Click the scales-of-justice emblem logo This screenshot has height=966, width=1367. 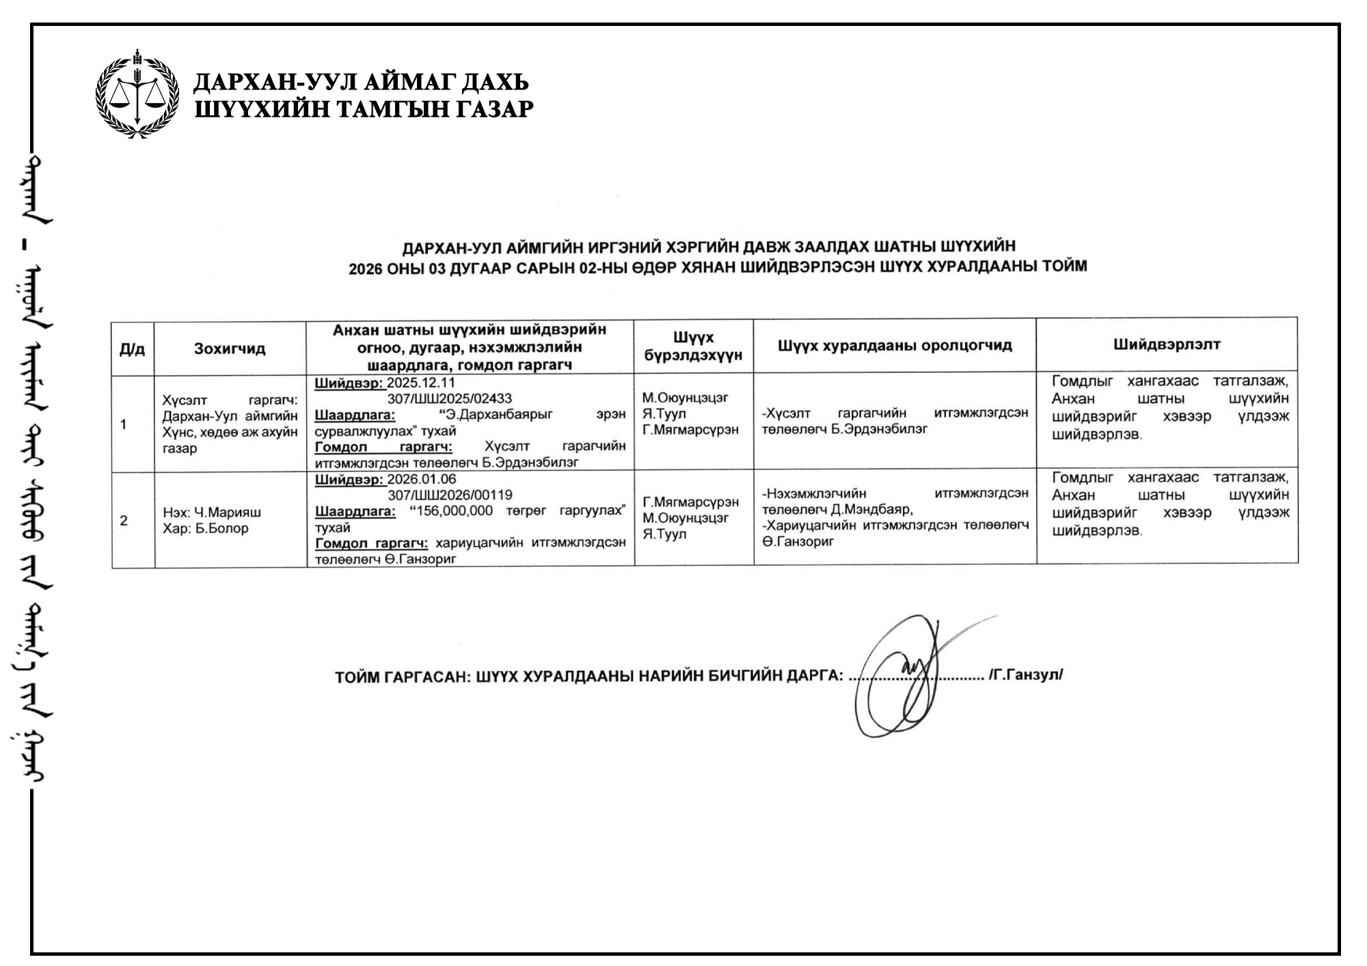(x=137, y=94)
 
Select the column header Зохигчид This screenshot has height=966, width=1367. (x=230, y=348)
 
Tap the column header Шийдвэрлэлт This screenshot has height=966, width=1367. (x=1167, y=344)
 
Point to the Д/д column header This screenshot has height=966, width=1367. (x=133, y=349)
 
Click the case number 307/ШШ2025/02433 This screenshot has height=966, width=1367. (x=449, y=398)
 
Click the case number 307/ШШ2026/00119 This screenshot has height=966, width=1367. (x=450, y=495)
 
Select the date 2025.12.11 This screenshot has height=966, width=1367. (x=421, y=383)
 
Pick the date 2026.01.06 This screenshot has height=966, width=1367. (x=422, y=479)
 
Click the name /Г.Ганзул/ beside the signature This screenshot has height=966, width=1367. (x=1026, y=675)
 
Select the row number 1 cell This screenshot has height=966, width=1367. (x=124, y=424)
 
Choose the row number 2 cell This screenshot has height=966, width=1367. (x=124, y=521)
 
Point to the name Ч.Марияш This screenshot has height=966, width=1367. (x=228, y=512)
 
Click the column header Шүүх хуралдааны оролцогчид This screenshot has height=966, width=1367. (x=895, y=345)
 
